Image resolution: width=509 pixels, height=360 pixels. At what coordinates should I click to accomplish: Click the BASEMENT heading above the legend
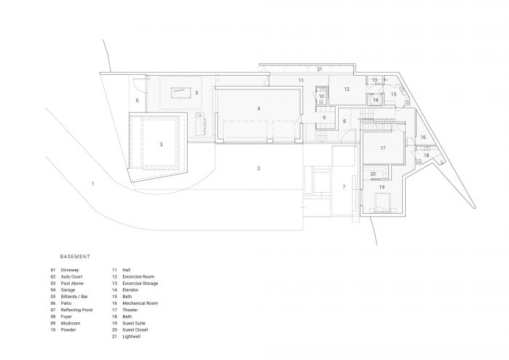click(x=75, y=257)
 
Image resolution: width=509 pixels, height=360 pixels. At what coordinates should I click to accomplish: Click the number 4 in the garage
click(x=259, y=108)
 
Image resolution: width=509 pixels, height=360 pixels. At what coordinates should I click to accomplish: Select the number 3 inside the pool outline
click(x=161, y=145)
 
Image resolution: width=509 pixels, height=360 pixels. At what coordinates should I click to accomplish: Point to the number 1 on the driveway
click(x=93, y=184)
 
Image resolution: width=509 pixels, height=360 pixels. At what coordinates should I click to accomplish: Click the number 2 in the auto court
click(x=259, y=168)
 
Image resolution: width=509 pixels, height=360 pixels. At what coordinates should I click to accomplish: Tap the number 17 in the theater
click(x=383, y=148)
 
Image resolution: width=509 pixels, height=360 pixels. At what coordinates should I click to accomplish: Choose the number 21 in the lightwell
click(x=319, y=69)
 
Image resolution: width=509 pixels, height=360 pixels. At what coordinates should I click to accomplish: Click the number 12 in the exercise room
click(x=347, y=89)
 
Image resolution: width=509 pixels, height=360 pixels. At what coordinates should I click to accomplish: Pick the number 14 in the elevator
click(x=376, y=100)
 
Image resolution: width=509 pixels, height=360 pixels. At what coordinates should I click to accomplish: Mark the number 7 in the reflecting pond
click(x=344, y=187)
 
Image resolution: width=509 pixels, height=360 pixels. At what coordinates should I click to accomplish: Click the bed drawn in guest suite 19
click(x=382, y=203)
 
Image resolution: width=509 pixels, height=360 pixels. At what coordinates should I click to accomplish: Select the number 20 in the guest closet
click(x=373, y=174)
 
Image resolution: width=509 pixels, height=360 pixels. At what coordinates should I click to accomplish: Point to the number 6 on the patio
click(x=137, y=100)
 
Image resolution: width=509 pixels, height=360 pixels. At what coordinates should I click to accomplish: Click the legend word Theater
click(x=130, y=310)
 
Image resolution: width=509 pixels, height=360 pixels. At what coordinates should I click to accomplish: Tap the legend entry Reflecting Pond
click(x=76, y=310)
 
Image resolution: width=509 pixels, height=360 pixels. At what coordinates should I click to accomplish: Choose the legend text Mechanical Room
click(x=140, y=303)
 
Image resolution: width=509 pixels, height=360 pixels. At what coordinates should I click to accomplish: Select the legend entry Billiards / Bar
click(x=74, y=297)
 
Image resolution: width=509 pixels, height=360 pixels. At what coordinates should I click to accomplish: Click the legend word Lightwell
click(x=132, y=337)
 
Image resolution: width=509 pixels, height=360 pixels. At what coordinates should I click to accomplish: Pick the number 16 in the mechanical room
click(x=423, y=137)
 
